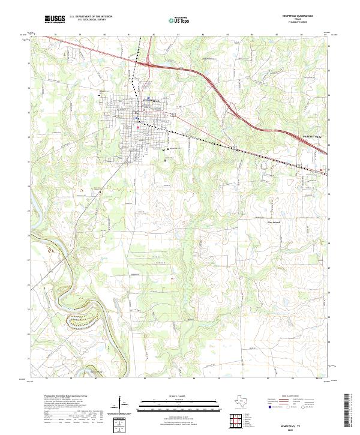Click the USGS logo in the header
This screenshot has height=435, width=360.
pyautogui.click(x=55, y=20)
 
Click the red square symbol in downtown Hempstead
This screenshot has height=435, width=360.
pyautogui.click(x=138, y=127)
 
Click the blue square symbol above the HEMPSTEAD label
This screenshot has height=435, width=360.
pyautogui.click(x=148, y=98)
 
